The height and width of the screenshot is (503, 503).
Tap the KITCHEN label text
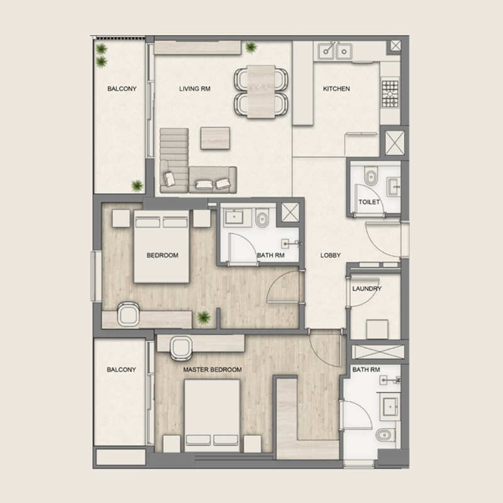[336, 89]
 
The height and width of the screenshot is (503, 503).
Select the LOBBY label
[330, 255]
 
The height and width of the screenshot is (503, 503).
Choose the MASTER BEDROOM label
[213, 370]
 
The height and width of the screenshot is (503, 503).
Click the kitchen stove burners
[390, 92]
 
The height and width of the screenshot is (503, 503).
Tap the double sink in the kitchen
[336, 50]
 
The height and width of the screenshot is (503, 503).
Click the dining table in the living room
[261, 91]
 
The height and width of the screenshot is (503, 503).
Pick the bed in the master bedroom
[212, 415]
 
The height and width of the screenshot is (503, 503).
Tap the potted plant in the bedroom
[202, 318]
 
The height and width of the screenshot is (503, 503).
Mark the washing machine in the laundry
[376, 329]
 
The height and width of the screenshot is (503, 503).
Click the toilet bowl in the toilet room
[371, 177]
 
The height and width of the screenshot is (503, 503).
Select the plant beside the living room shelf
[251, 47]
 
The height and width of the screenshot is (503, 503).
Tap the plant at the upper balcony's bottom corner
[136, 185]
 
